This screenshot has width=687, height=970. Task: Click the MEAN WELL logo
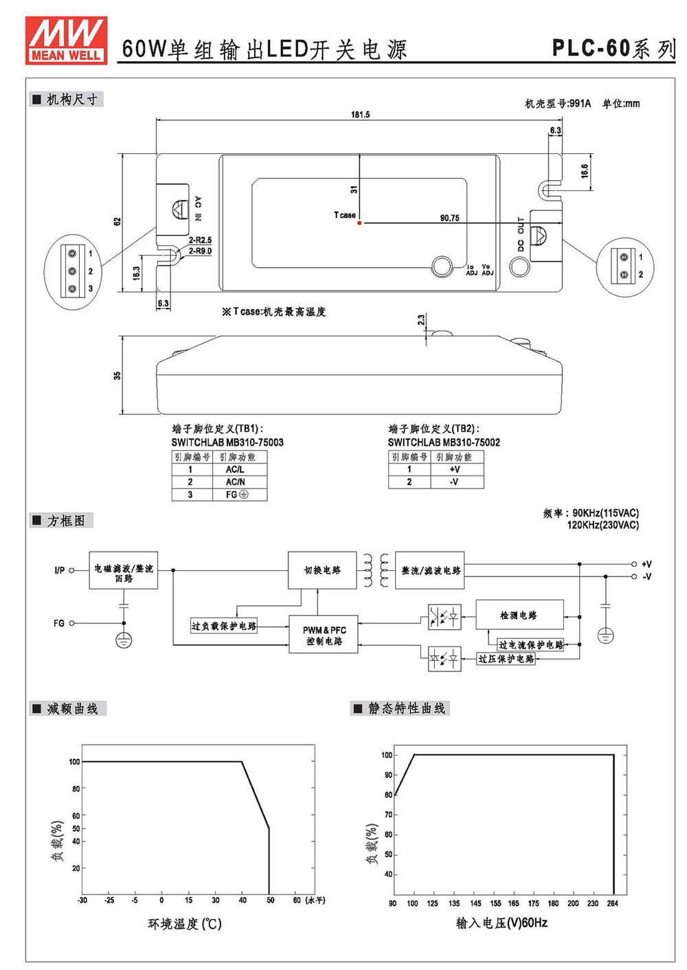66,41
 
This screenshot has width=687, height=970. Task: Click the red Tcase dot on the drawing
359,223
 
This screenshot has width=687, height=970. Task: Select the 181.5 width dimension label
361,114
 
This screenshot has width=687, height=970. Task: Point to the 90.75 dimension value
449,218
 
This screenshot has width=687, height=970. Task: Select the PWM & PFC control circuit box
324,634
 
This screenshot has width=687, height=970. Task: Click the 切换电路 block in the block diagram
322,570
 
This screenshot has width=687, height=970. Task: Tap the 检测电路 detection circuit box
519,614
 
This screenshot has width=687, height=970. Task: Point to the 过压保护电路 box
506,659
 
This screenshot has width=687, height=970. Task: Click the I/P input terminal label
59,570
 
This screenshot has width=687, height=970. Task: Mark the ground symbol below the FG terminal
124,640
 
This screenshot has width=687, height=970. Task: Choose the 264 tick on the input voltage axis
613,903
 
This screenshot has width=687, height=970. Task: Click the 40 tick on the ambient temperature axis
243,900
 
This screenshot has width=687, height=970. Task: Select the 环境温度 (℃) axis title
185,924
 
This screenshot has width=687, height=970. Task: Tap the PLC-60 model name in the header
590,47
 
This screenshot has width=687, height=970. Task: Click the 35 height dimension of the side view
117,375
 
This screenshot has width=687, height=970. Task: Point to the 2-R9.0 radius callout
200,251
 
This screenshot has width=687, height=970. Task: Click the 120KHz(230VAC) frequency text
603,526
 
